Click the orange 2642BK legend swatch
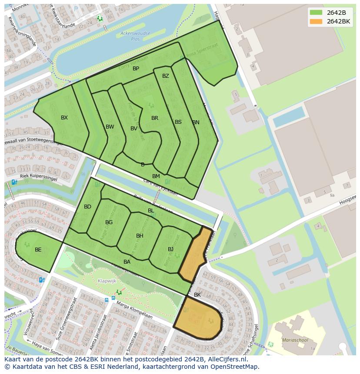(316, 21)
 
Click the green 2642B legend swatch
(316, 12)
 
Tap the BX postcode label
(64, 118)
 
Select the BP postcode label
(136, 69)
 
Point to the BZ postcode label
(166, 76)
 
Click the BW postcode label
(110, 127)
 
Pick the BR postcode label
(155, 118)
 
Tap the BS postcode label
(178, 122)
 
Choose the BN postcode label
(196, 122)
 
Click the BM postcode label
(156, 176)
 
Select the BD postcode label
(88, 207)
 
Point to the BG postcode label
(109, 222)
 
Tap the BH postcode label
(140, 236)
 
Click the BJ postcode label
(171, 249)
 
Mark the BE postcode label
(38, 250)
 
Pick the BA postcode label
(127, 262)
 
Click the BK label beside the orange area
(197, 295)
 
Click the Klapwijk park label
(107, 281)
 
